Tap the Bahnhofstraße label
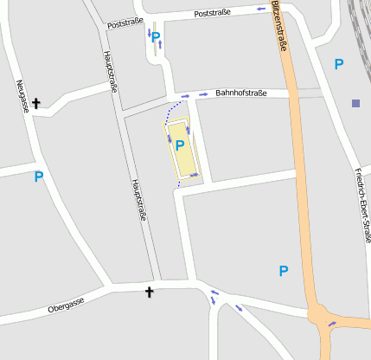click(240, 93)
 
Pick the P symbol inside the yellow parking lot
click(180, 146)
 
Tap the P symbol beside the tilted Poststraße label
click(155, 37)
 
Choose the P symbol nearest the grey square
click(339, 64)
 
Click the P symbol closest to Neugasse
click(38, 177)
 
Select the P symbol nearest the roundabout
click(283, 271)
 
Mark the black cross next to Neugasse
click(36, 104)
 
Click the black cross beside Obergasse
click(149, 292)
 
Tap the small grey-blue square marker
click(355, 104)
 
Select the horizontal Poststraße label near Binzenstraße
click(213, 14)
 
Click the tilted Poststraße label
click(125, 23)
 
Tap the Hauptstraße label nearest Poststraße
click(110, 71)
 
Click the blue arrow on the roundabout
click(332, 325)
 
